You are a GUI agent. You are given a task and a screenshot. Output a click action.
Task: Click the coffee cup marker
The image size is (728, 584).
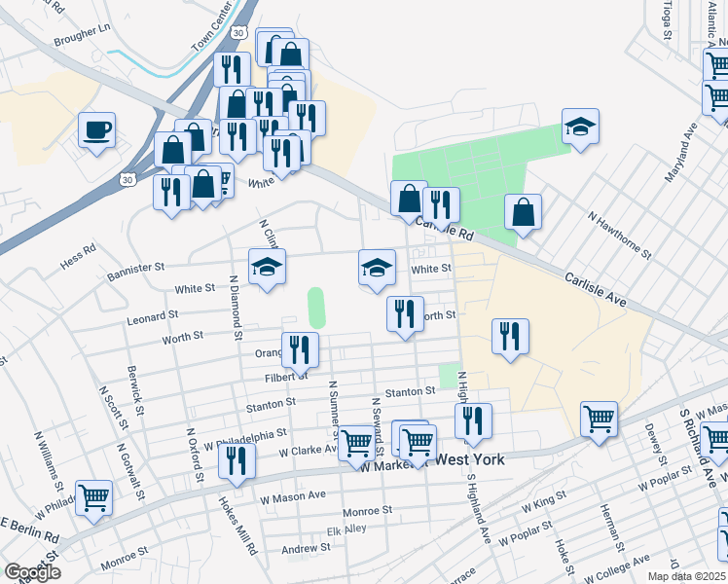97,129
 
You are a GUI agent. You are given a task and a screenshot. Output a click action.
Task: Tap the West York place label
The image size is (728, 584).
469,458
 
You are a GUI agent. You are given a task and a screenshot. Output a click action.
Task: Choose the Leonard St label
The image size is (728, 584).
152,316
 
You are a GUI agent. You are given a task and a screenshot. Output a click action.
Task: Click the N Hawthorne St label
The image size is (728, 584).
619,235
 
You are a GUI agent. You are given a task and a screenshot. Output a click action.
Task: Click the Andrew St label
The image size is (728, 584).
307,550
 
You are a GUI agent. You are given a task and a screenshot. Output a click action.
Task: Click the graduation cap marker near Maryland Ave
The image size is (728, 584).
580,127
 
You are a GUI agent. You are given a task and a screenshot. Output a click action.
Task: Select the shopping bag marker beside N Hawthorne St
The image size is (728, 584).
523,212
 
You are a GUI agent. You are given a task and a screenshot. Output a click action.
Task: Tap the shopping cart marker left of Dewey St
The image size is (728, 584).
599,419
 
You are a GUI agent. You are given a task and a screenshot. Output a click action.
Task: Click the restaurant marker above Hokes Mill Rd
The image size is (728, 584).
237,459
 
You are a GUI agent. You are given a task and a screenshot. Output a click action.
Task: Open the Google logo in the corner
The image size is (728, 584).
32,573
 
